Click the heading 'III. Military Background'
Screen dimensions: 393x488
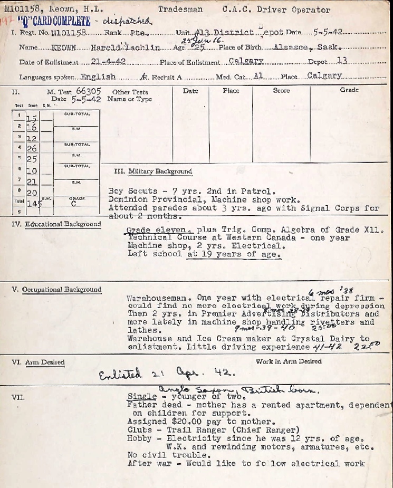[x=153, y=171]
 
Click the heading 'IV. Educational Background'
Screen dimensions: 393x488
[x=56, y=224]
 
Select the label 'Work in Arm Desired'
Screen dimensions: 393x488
[x=289, y=361]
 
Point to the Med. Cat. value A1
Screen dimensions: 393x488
[x=257, y=76]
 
